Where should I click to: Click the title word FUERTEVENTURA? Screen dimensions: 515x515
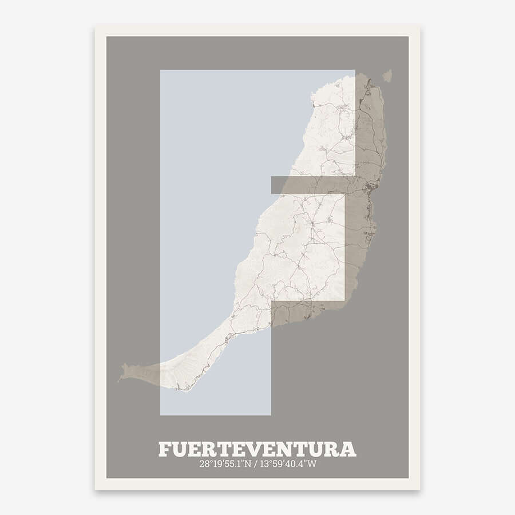pyautogui.click(x=257, y=449)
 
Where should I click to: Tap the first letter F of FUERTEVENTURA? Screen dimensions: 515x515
pyautogui.click(x=164, y=449)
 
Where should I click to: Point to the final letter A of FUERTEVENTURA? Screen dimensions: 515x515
pyautogui.click(x=348, y=449)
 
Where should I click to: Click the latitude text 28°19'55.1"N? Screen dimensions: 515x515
pyautogui.click(x=225, y=463)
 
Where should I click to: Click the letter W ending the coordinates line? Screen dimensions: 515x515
pyautogui.click(x=312, y=463)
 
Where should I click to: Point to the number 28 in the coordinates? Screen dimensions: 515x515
pyautogui.click(x=204, y=463)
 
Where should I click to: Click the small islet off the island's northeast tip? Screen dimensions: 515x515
pyautogui.click(x=387, y=76)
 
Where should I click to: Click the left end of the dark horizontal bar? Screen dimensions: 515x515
pyautogui.click(x=272, y=184)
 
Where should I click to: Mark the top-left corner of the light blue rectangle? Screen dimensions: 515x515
pyautogui.click(x=161, y=70)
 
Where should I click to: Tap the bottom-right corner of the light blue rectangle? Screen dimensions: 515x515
pyautogui.click(x=270, y=414)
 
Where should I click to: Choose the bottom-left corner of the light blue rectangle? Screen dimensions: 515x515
pyautogui.click(x=161, y=414)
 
